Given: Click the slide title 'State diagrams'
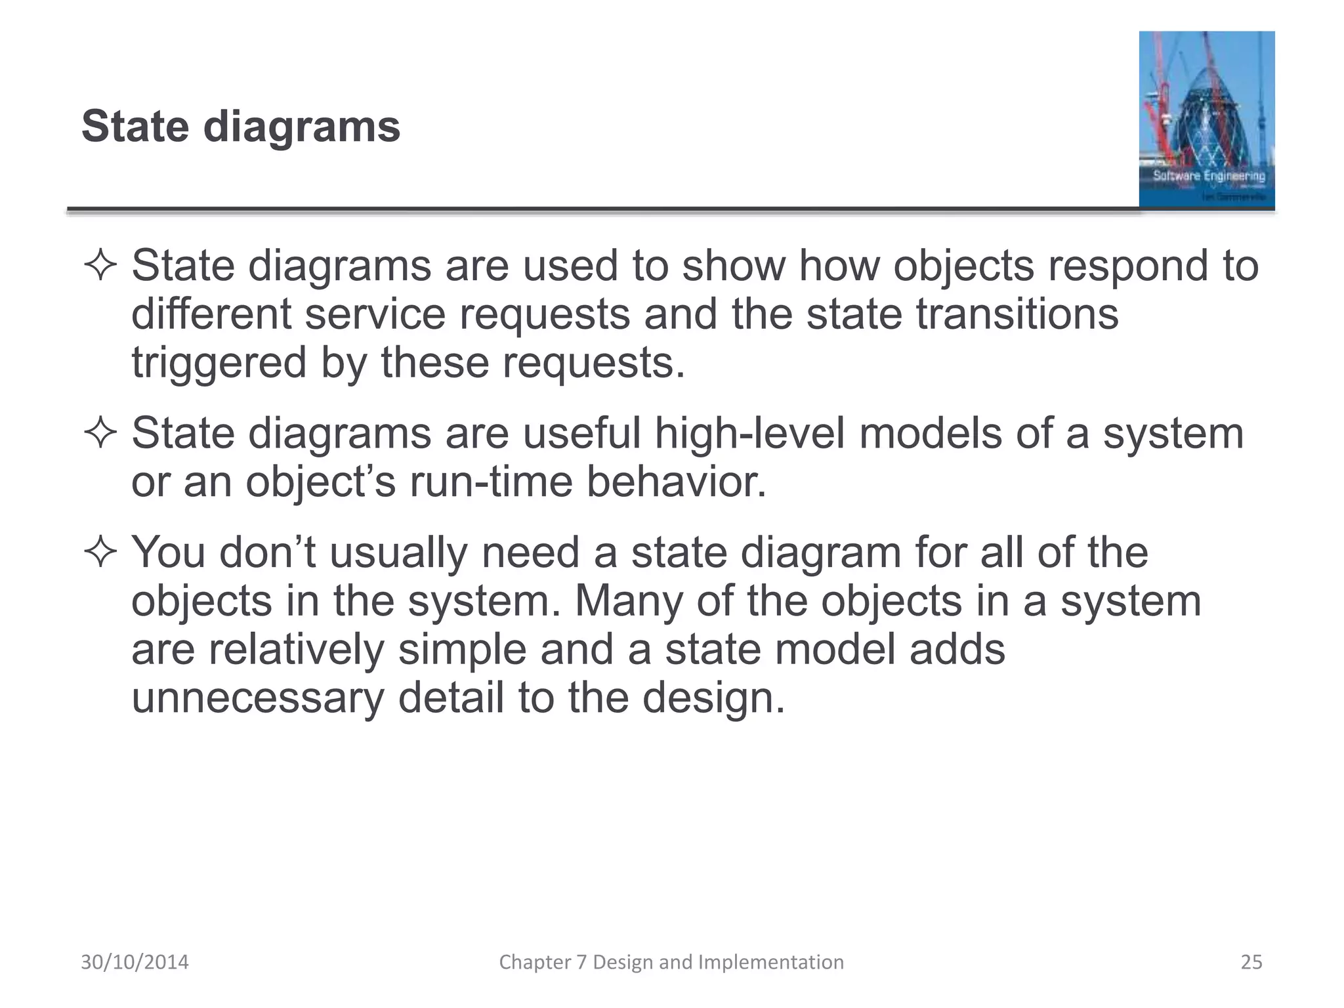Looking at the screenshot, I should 240,126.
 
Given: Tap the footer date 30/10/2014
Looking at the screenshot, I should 135,962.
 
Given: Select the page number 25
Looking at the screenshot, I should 1251,962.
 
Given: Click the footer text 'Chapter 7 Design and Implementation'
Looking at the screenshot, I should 671,962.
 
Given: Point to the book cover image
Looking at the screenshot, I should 1206,119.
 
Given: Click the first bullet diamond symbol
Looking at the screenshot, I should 100,266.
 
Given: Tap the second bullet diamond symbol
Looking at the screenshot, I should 100,434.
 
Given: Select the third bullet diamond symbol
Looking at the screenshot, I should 100,553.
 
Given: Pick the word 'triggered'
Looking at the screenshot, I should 219,364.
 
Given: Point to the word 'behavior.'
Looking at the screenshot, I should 676,482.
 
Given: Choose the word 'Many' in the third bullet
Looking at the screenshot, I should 629,601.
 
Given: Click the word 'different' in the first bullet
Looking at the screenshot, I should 211,314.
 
